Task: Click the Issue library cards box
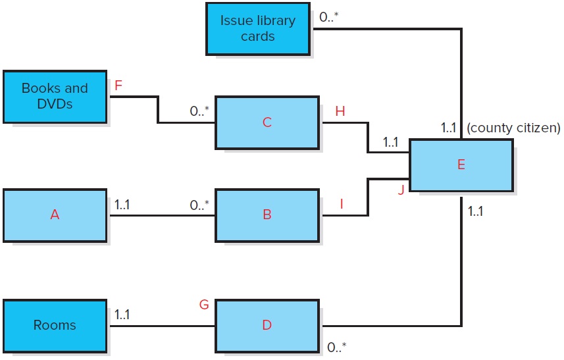click(x=257, y=28)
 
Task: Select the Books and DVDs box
click(x=55, y=96)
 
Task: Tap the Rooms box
click(x=55, y=325)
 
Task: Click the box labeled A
click(x=55, y=215)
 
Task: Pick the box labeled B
click(x=267, y=215)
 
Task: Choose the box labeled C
click(x=267, y=122)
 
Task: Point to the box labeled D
click(x=267, y=325)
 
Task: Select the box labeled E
click(x=461, y=165)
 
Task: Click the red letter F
click(x=118, y=86)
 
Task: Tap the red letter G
click(x=204, y=304)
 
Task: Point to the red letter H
click(x=340, y=112)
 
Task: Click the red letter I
click(x=342, y=204)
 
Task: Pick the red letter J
click(x=400, y=191)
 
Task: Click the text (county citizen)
click(x=513, y=128)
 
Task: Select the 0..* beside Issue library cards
click(x=328, y=18)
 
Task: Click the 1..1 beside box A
click(x=122, y=204)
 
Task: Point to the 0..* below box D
click(x=337, y=347)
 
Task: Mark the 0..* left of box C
click(x=199, y=112)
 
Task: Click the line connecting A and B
click(x=161, y=215)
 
